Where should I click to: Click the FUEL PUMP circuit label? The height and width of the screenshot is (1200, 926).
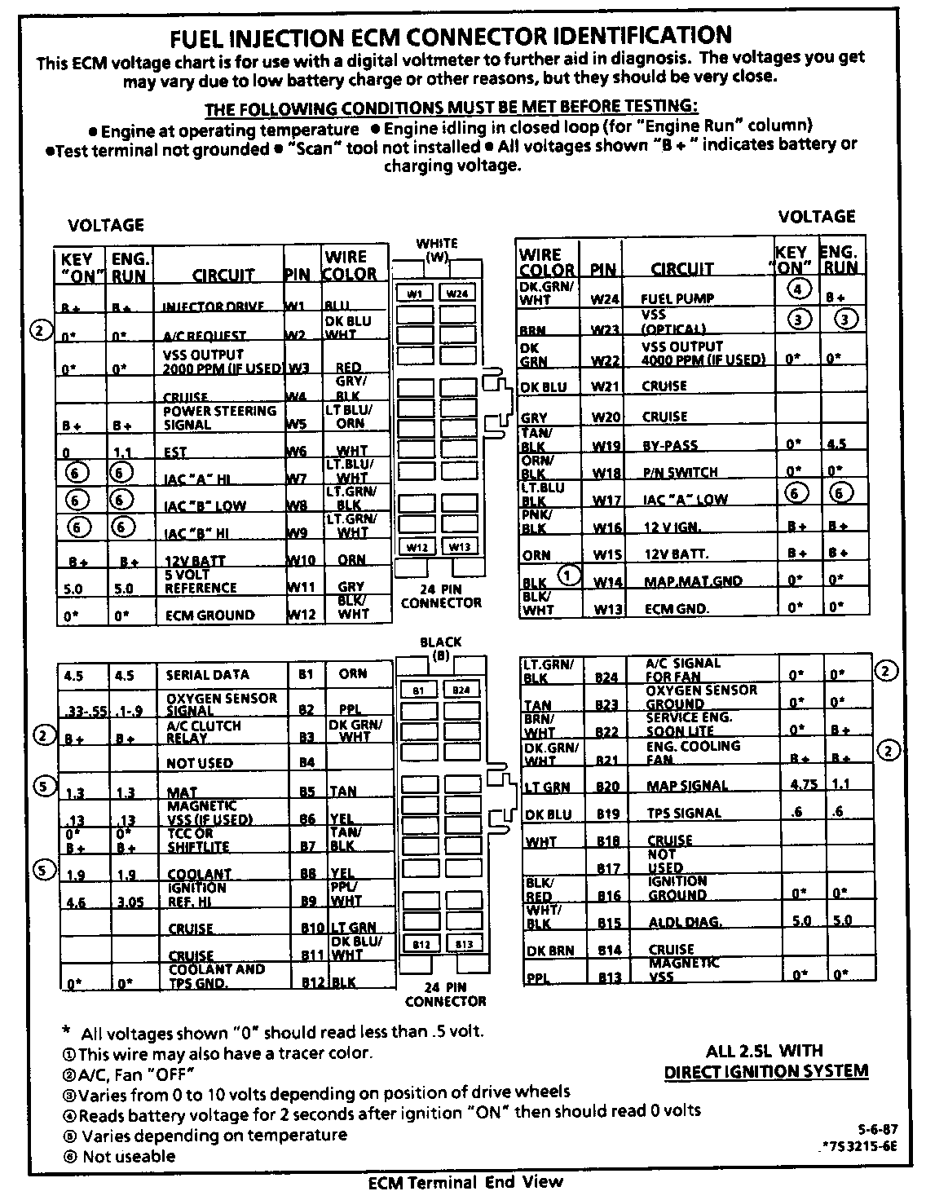point(677,299)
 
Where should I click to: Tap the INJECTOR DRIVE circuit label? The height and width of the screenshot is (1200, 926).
point(214,307)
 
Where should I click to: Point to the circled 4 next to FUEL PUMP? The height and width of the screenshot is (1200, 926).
point(800,289)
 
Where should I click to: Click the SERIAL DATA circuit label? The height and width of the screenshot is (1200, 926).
point(208,675)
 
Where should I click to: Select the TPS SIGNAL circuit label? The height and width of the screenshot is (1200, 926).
point(684,813)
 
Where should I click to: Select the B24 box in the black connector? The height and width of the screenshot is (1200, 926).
point(461,690)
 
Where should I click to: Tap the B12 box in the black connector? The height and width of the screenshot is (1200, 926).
point(420,944)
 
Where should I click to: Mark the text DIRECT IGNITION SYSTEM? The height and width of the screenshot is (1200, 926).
point(765,1071)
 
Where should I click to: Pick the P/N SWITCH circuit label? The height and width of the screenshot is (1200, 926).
point(680,472)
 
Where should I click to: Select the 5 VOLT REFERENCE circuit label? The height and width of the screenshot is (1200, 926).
point(201,581)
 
